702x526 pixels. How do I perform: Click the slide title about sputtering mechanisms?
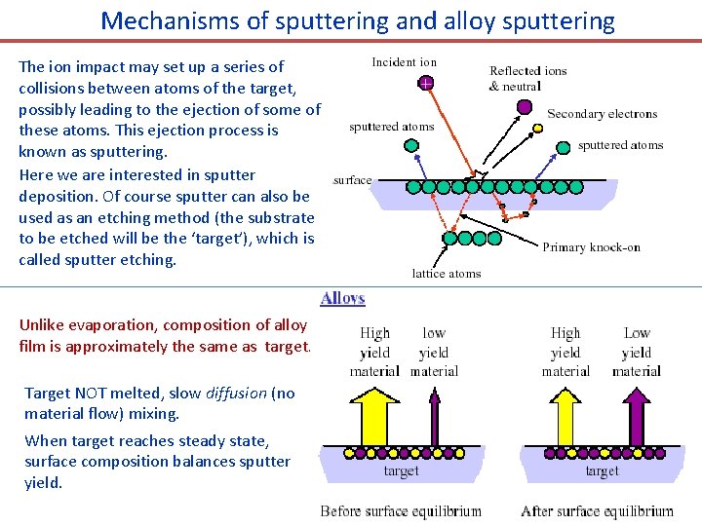click(358, 20)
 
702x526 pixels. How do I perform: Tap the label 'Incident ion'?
click(405, 62)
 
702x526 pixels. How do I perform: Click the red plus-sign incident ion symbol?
click(426, 85)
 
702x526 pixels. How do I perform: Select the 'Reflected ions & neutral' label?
click(527, 78)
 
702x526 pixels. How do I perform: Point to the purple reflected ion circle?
click(525, 106)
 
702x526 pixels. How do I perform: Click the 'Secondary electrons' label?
click(603, 114)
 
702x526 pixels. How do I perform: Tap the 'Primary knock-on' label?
click(591, 247)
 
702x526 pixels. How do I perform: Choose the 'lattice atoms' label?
click(447, 274)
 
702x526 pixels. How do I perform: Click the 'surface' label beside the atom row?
click(352, 180)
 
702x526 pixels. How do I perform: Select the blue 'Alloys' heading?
click(342, 298)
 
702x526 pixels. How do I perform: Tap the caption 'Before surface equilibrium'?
click(401, 510)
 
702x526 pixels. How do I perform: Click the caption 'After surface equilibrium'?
click(597, 510)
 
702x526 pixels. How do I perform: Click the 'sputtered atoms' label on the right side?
click(620, 146)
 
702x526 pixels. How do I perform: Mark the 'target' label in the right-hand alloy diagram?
click(602, 471)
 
